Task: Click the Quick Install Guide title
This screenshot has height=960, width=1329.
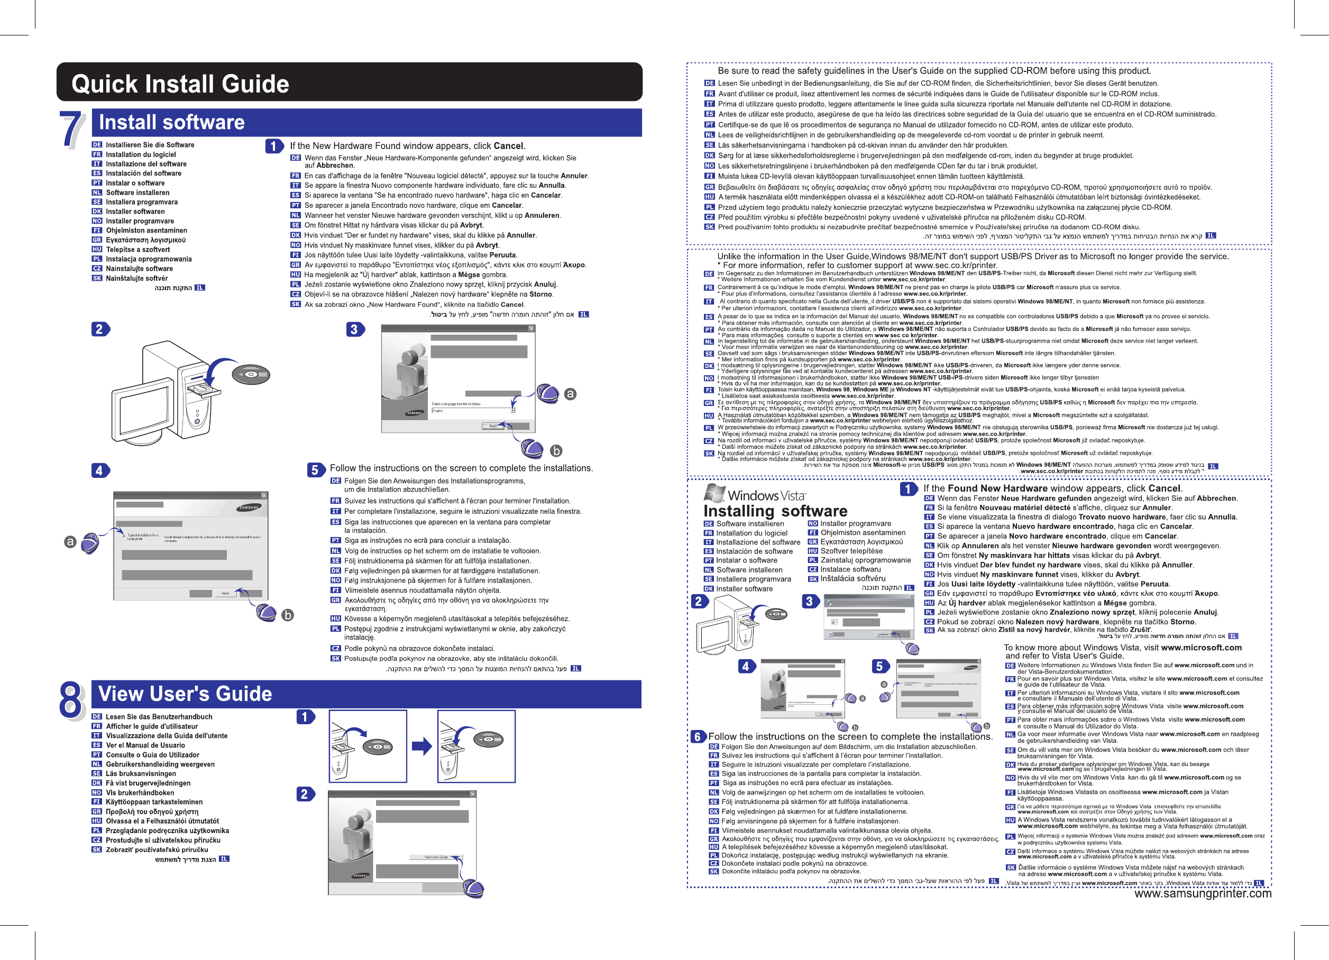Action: (x=180, y=84)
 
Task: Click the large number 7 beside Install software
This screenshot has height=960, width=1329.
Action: (x=72, y=130)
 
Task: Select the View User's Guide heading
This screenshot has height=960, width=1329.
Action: (x=185, y=694)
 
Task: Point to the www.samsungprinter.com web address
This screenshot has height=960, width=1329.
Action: (x=1203, y=893)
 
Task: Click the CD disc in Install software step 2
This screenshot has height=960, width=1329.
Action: (x=251, y=374)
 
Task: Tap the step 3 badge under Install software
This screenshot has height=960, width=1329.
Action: (x=354, y=330)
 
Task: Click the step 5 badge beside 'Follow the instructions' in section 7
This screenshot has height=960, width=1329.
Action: (x=315, y=470)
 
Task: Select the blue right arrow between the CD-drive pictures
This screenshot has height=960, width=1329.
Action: (x=421, y=746)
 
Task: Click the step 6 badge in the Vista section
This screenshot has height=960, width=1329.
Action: (x=698, y=736)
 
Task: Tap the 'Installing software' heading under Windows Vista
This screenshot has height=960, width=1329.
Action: (x=775, y=511)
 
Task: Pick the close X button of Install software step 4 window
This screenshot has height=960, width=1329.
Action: (x=264, y=495)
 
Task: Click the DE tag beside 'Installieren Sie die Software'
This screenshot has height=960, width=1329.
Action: (x=97, y=145)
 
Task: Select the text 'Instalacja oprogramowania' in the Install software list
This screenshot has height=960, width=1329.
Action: (x=148, y=259)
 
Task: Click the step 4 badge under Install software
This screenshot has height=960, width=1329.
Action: (x=99, y=470)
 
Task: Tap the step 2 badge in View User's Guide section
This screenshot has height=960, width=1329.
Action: (x=305, y=794)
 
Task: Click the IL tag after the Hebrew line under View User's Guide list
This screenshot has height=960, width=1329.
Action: (x=224, y=859)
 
